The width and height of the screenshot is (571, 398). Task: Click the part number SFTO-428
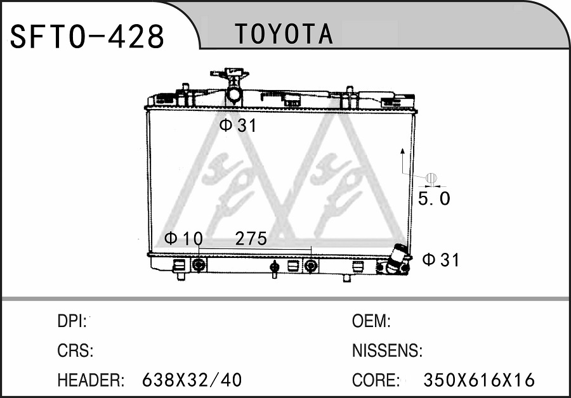pyautogui.click(x=87, y=36)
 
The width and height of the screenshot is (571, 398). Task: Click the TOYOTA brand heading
pyautogui.click(x=284, y=34)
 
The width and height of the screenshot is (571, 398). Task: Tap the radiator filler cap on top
pyautogui.click(x=230, y=72)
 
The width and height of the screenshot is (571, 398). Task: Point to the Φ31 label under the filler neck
pyautogui.click(x=238, y=125)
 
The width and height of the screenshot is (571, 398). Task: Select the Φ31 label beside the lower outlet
pyautogui.click(x=441, y=260)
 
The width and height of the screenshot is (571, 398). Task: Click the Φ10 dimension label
pyautogui.click(x=183, y=239)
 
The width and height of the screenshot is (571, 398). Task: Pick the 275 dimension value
pyautogui.click(x=251, y=239)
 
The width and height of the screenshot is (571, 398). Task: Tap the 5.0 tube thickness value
pyautogui.click(x=434, y=198)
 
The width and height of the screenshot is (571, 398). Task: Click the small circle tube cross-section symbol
pyautogui.click(x=431, y=178)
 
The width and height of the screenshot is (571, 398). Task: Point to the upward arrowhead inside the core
pyautogui.click(x=402, y=151)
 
